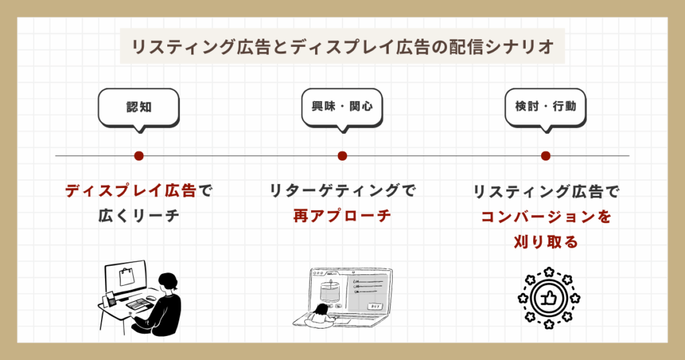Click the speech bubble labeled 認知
click(x=138, y=106)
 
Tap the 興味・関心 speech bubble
click(x=342, y=106)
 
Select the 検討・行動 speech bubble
click(x=545, y=106)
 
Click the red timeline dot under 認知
click(x=138, y=156)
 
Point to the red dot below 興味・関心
click(x=342, y=156)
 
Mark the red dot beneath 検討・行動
click(x=545, y=156)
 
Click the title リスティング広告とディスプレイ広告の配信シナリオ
click(x=342, y=48)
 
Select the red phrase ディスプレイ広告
click(x=130, y=191)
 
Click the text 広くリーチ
click(x=138, y=216)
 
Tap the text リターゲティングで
click(x=342, y=191)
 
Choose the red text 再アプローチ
click(x=342, y=216)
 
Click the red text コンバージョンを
click(x=545, y=217)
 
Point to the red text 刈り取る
click(x=545, y=242)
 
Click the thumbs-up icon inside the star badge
click(x=547, y=298)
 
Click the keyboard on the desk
click(x=138, y=305)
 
